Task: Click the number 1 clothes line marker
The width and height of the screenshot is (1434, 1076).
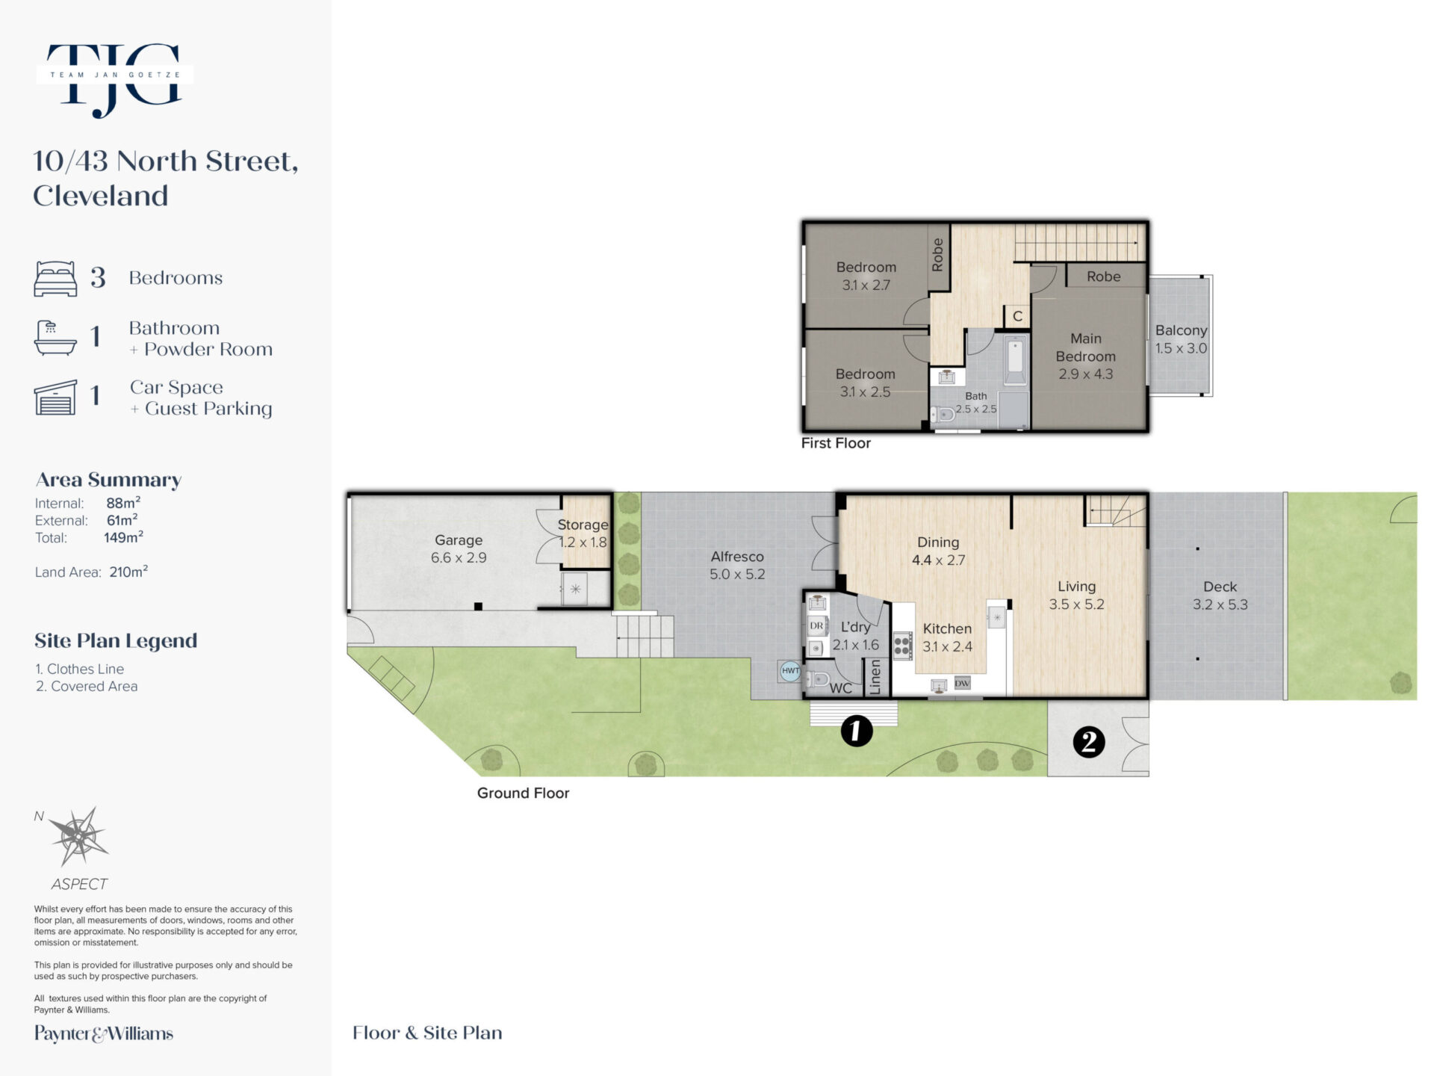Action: (x=856, y=730)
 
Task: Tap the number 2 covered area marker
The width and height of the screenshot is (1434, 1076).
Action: (x=1088, y=742)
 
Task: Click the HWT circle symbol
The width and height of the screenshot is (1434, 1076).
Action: (x=790, y=670)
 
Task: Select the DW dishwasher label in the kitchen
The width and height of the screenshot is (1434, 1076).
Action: (x=962, y=683)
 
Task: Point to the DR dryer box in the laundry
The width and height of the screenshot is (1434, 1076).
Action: (x=816, y=625)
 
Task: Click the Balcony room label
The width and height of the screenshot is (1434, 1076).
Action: (x=1181, y=330)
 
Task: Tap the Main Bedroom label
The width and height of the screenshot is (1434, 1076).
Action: (x=1085, y=347)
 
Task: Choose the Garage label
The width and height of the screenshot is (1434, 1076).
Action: (x=459, y=539)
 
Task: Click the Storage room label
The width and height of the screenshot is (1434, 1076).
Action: (x=583, y=525)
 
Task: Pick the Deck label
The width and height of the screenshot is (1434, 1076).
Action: (x=1220, y=587)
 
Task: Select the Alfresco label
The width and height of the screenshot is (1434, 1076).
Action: (x=737, y=557)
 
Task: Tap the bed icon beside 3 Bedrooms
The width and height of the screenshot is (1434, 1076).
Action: (x=55, y=279)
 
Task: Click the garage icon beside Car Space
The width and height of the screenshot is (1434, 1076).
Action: (x=55, y=397)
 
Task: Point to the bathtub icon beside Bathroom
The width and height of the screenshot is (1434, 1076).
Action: (x=55, y=338)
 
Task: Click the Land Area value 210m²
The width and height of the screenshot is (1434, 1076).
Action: (x=128, y=572)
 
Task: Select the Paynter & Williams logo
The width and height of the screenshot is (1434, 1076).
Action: (x=104, y=1033)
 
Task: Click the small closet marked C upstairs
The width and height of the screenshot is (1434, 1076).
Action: (x=1017, y=316)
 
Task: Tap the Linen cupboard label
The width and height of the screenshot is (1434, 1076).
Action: (x=876, y=677)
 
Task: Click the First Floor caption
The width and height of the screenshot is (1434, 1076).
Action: (x=836, y=443)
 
